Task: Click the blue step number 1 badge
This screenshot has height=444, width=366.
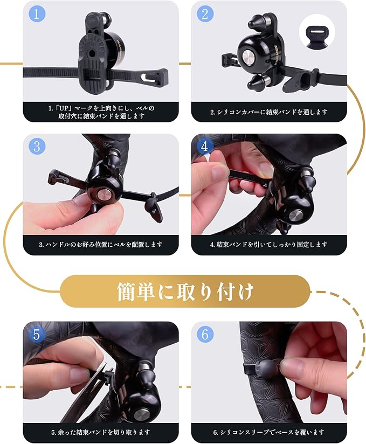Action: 36,13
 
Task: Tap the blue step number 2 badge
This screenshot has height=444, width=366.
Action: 205,13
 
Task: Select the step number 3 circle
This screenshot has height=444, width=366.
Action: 37,146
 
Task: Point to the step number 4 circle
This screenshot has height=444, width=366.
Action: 204,146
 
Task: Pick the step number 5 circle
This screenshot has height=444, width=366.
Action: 37,335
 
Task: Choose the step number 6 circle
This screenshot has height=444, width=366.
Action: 205,335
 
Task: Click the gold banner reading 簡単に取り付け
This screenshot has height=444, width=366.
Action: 185,292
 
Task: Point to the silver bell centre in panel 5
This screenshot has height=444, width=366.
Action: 141,415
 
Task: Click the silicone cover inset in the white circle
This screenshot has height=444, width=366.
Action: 317,34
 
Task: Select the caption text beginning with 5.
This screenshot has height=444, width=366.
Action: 101,432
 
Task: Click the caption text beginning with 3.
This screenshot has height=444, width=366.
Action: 101,245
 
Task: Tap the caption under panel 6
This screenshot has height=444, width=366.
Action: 269,432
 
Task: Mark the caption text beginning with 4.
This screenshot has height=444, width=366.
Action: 269,245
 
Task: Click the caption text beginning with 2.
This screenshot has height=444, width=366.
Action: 269,112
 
